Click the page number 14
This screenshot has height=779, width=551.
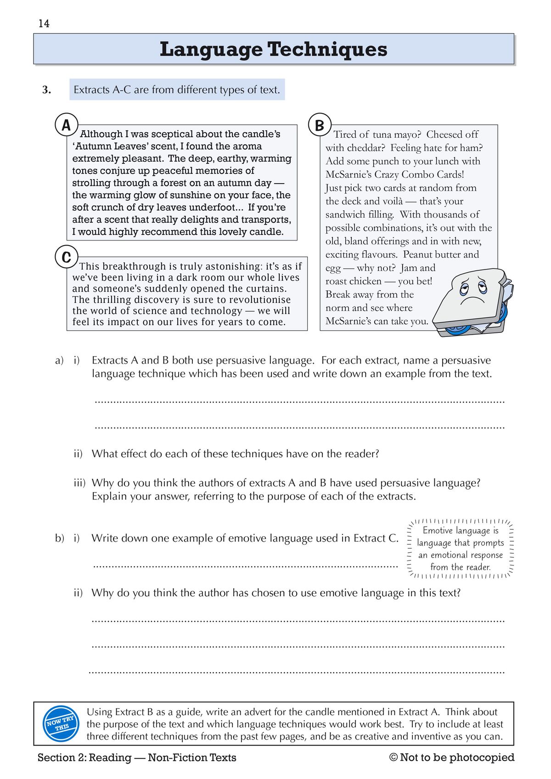(x=44, y=24)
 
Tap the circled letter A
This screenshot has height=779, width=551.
(x=66, y=125)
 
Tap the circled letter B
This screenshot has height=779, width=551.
(x=320, y=125)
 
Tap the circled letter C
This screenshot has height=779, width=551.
(x=66, y=257)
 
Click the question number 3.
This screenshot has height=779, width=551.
(x=46, y=90)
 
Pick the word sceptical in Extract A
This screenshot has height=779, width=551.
(x=172, y=134)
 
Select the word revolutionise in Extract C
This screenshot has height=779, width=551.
(x=261, y=300)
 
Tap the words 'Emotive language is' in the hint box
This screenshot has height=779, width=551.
(x=460, y=531)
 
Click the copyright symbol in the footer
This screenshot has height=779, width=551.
(x=394, y=757)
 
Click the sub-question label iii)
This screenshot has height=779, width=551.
(x=80, y=483)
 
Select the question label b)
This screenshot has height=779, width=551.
(x=60, y=538)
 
